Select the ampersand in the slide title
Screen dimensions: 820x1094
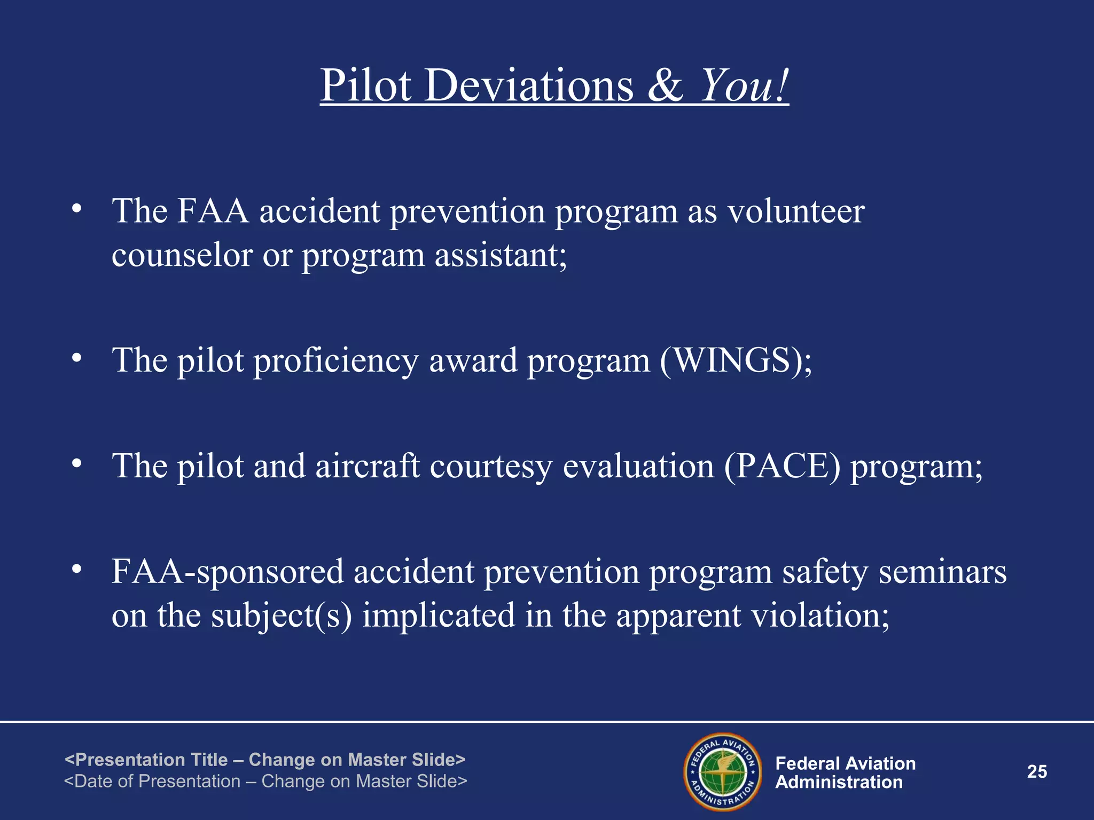[665, 86]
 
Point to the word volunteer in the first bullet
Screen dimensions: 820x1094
[796, 211]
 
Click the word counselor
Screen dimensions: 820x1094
[182, 255]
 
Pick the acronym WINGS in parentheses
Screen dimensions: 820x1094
[732, 360]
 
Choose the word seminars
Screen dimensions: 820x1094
[943, 572]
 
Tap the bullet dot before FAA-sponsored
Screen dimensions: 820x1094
[77, 570]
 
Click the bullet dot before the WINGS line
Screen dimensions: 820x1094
[77, 358]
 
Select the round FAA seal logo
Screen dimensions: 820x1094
[723, 772]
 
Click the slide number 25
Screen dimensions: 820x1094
[1037, 772]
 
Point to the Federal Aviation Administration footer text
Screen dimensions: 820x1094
[845, 772]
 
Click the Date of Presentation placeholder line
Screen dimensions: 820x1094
[265, 782]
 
